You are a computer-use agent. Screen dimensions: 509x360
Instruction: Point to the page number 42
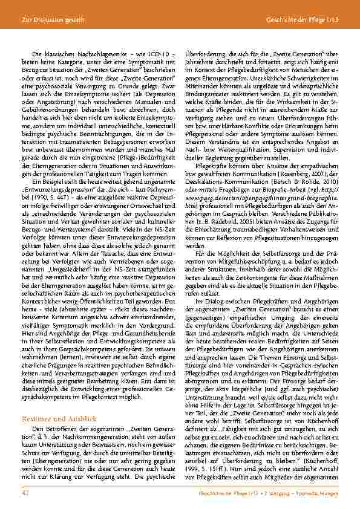pyautogui.click(x=25, y=494)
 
